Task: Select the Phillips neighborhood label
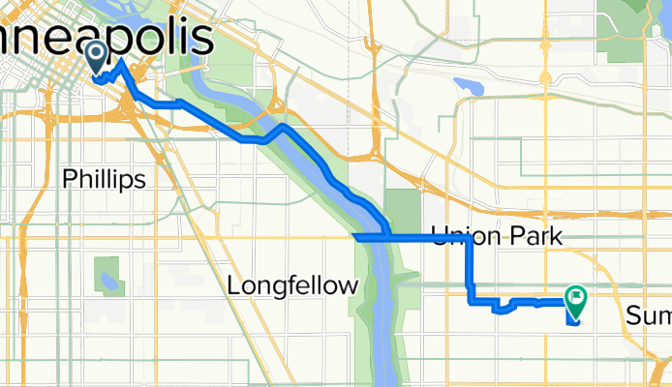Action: coord(104,179)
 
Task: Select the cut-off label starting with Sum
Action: coord(648,316)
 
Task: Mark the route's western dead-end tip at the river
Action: coord(354,236)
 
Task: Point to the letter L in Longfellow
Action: coord(233,285)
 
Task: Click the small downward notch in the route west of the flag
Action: coord(503,311)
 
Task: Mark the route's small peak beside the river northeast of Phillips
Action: coord(280,127)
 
